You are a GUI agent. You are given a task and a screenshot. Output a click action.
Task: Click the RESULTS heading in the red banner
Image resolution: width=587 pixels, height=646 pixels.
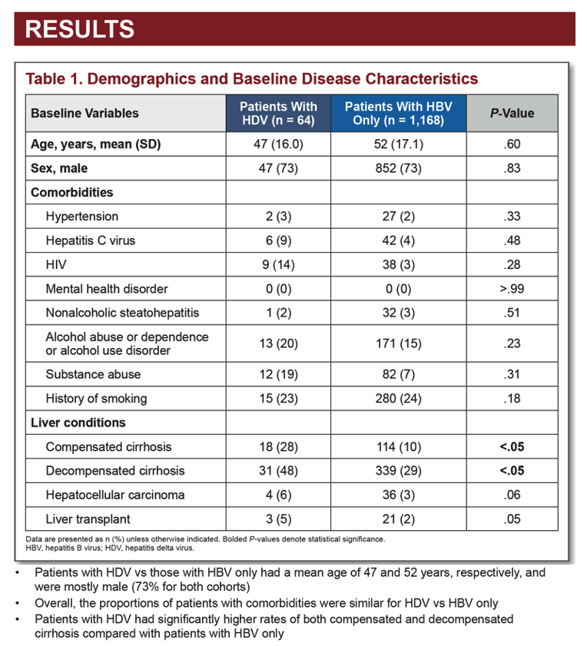coord(80,29)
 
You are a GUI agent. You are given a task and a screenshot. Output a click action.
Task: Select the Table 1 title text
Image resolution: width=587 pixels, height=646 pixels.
coord(251,78)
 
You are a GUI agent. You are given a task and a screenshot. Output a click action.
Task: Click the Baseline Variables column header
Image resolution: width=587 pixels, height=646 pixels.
coord(85,113)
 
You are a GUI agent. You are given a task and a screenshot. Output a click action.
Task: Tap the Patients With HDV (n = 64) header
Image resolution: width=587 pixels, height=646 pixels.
coord(278,113)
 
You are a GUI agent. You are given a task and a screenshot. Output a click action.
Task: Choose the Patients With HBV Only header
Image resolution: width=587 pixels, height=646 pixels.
coord(399,113)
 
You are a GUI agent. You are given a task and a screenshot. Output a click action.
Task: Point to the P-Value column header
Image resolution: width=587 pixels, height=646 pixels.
coord(512,113)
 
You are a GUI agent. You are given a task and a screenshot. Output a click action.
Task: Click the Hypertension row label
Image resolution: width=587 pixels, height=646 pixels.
coord(82,217)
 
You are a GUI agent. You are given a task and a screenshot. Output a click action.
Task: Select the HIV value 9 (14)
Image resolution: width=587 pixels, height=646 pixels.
coord(278,264)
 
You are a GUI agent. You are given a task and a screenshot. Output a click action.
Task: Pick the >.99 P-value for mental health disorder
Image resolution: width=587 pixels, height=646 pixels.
coord(512,289)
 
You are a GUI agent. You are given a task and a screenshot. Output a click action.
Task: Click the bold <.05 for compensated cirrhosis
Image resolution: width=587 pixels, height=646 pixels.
coord(512,446)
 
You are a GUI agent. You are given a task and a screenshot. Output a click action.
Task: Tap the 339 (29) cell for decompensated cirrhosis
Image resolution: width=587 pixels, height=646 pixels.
coord(399,471)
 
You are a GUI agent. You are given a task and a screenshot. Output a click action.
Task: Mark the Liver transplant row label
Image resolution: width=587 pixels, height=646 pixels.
coord(88,519)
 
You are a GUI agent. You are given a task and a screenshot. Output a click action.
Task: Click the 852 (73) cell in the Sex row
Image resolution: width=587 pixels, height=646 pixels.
coord(399,168)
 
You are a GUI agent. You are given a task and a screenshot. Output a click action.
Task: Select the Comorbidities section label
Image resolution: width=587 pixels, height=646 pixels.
coord(71,192)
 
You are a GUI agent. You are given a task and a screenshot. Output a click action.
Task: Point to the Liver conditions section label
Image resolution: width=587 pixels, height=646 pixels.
coord(78,422)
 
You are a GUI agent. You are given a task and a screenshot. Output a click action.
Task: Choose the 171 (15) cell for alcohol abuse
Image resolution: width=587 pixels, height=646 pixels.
coord(399,343)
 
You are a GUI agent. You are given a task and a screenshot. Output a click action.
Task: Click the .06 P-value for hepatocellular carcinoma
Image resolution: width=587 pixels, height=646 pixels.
coord(512,495)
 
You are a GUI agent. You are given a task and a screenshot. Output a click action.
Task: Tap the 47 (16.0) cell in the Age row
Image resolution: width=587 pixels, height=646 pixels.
coord(278,144)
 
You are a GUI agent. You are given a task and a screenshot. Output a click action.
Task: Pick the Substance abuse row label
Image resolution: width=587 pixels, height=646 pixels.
coord(93,374)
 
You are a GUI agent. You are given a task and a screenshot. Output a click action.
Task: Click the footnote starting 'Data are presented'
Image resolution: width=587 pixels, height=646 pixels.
coord(205,539)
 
